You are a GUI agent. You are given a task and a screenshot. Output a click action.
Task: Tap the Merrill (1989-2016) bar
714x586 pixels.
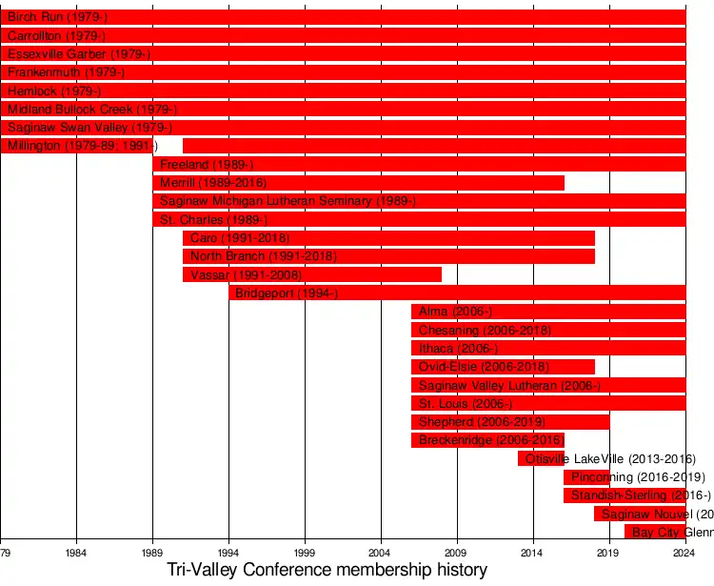(x=358, y=183)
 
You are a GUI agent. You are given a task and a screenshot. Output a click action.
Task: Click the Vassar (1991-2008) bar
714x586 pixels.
(x=312, y=274)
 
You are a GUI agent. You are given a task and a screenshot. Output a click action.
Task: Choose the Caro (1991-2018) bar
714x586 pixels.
(x=388, y=238)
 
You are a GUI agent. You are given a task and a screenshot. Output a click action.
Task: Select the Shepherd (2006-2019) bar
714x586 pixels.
(x=510, y=422)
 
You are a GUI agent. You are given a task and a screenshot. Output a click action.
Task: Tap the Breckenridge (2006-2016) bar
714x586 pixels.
(x=487, y=440)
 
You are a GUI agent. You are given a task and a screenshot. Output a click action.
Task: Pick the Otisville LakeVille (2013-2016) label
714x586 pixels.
(x=610, y=459)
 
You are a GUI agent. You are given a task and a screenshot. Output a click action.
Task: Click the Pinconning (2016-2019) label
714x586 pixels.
(x=638, y=477)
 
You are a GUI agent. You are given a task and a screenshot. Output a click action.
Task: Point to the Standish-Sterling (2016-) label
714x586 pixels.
(x=641, y=495)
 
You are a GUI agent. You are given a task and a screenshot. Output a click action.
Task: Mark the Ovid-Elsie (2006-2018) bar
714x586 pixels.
(x=503, y=367)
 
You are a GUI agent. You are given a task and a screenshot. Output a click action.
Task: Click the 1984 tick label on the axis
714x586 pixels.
(x=76, y=553)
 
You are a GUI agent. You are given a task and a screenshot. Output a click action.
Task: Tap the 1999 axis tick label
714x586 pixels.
(x=305, y=553)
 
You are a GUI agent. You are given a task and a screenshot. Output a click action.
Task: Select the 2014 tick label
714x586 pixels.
(x=532, y=553)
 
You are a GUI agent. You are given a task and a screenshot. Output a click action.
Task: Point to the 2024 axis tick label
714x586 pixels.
(x=684, y=553)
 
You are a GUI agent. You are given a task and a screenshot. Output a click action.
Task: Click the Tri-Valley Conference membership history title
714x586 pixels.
(x=327, y=571)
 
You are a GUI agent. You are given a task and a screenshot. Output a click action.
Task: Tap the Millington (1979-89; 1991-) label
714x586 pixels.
(x=82, y=146)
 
